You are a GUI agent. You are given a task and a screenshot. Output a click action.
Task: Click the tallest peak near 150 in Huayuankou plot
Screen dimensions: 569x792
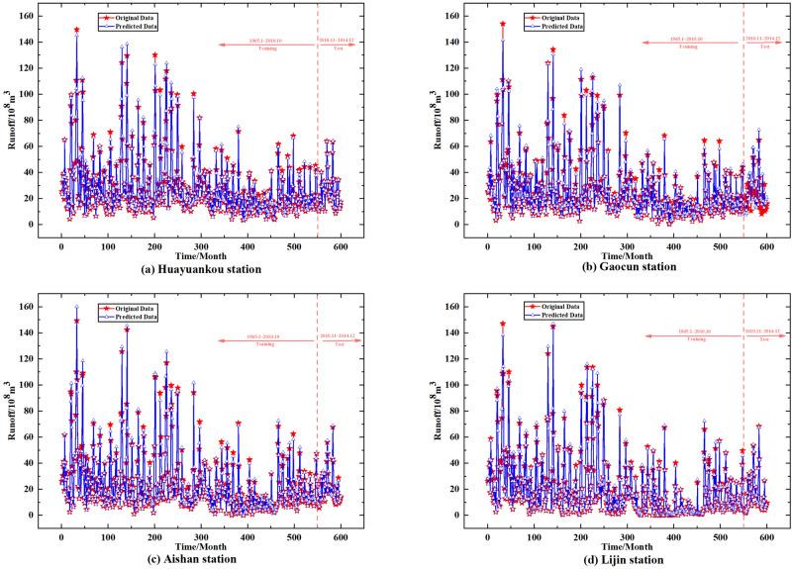coord(76,30)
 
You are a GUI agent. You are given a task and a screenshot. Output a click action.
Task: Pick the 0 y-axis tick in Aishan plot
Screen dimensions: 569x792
coord(38,516)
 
